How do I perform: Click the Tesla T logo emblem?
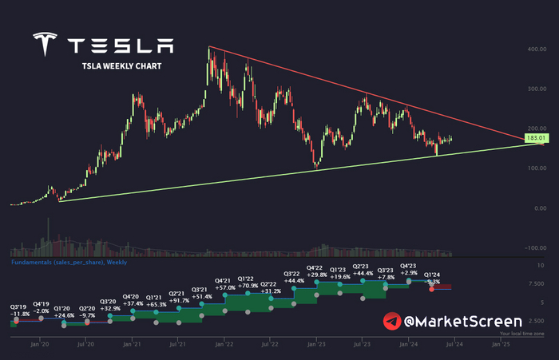[46, 46]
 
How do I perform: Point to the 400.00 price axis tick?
[535, 49]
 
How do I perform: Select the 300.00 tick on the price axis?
[535, 89]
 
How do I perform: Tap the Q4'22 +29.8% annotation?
[318, 272]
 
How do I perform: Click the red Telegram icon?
[392, 321]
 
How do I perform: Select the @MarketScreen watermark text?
[448, 321]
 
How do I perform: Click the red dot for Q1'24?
[432, 289]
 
